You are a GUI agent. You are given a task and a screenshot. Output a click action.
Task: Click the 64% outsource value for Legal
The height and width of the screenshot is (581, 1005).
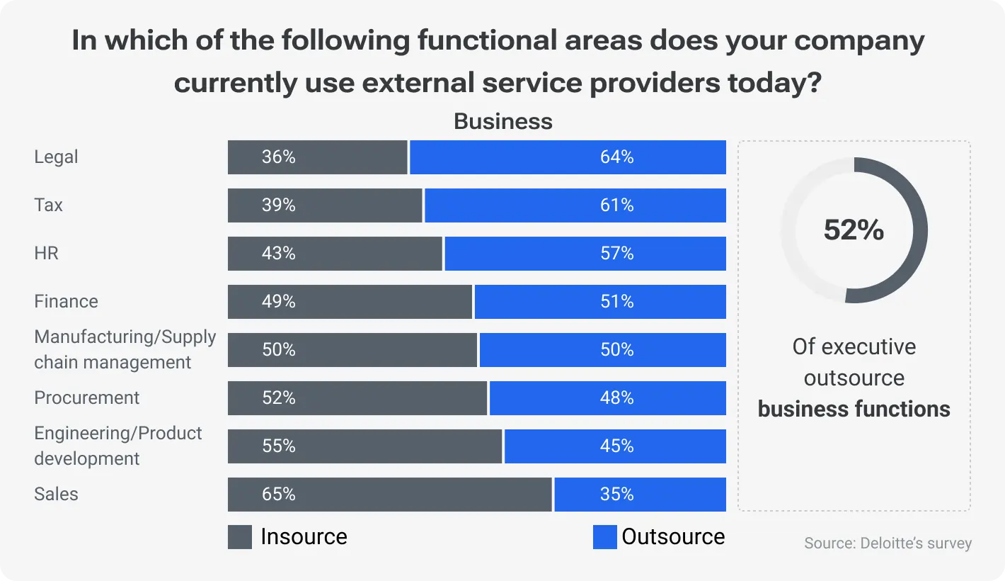click(x=616, y=157)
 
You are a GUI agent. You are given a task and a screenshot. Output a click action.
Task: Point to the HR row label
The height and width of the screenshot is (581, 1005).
click(x=46, y=254)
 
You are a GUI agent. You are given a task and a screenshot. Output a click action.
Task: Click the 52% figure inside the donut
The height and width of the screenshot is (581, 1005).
click(x=854, y=230)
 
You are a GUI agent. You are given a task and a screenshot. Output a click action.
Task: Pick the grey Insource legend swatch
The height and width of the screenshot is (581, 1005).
click(x=240, y=537)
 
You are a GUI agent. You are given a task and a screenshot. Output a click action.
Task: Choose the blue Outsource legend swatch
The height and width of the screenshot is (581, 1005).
click(x=605, y=537)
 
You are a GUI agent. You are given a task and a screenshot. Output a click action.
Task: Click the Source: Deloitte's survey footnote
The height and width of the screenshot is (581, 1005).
click(x=888, y=543)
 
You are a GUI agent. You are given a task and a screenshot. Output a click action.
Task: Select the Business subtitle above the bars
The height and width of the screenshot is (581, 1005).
click(x=502, y=121)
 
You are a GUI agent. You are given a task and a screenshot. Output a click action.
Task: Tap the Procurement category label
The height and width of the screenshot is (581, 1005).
click(x=87, y=398)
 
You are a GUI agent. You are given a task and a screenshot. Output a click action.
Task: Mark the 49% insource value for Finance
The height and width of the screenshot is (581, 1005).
click(x=278, y=302)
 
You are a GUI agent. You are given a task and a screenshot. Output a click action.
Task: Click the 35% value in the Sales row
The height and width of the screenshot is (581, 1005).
click(x=616, y=495)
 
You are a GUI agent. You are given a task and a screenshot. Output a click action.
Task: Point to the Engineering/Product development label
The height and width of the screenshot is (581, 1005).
click(x=117, y=446)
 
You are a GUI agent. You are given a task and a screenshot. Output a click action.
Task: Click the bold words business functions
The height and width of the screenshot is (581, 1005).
click(x=854, y=409)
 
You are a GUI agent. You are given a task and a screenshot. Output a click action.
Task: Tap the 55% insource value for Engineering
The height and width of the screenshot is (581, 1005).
click(x=278, y=446)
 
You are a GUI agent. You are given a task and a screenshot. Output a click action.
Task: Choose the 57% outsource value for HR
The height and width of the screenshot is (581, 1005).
click(x=616, y=254)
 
